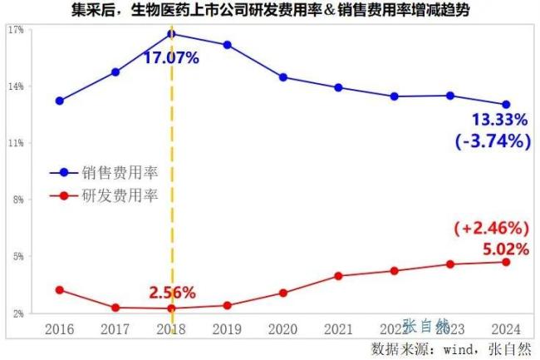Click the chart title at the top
pyautogui.click(x=270, y=11)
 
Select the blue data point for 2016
pyautogui.click(x=60, y=101)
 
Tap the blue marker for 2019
pyautogui.click(x=228, y=45)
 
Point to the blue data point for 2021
pyautogui.click(x=339, y=87)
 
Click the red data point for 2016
pyautogui.click(x=60, y=289)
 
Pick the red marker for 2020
pyautogui.click(x=283, y=293)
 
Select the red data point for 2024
pyautogui.click(x=506, y=262)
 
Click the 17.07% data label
pyautogui.click(x=171, y=58)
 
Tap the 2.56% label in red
pyautogui.click(x=172, y=293)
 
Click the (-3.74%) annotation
pyautogui.click(x=493, y=141)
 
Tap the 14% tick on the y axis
pyautogui.click(x=16, y=86)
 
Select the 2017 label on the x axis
pyautogui.click(x=115, y=329)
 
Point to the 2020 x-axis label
pyautogui.click(x=283, y=329)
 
